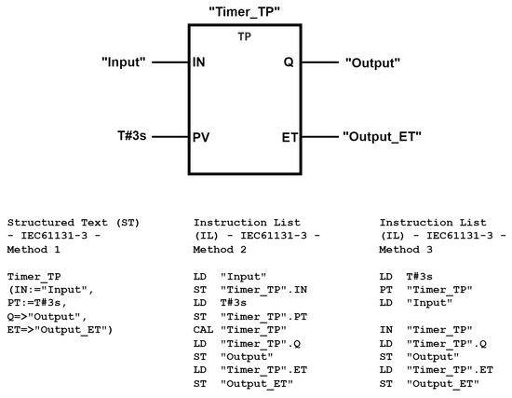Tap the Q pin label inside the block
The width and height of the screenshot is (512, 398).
290,63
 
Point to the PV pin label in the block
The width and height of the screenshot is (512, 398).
200,137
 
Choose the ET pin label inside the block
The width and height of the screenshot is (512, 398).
289,137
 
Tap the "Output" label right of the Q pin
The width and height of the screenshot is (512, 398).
372,63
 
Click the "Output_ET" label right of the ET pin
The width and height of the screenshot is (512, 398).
383,137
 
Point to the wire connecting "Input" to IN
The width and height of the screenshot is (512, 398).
170,63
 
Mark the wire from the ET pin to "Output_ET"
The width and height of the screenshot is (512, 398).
319,137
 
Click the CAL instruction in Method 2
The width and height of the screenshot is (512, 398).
203,331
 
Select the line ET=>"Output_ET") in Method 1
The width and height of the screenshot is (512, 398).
59,331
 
